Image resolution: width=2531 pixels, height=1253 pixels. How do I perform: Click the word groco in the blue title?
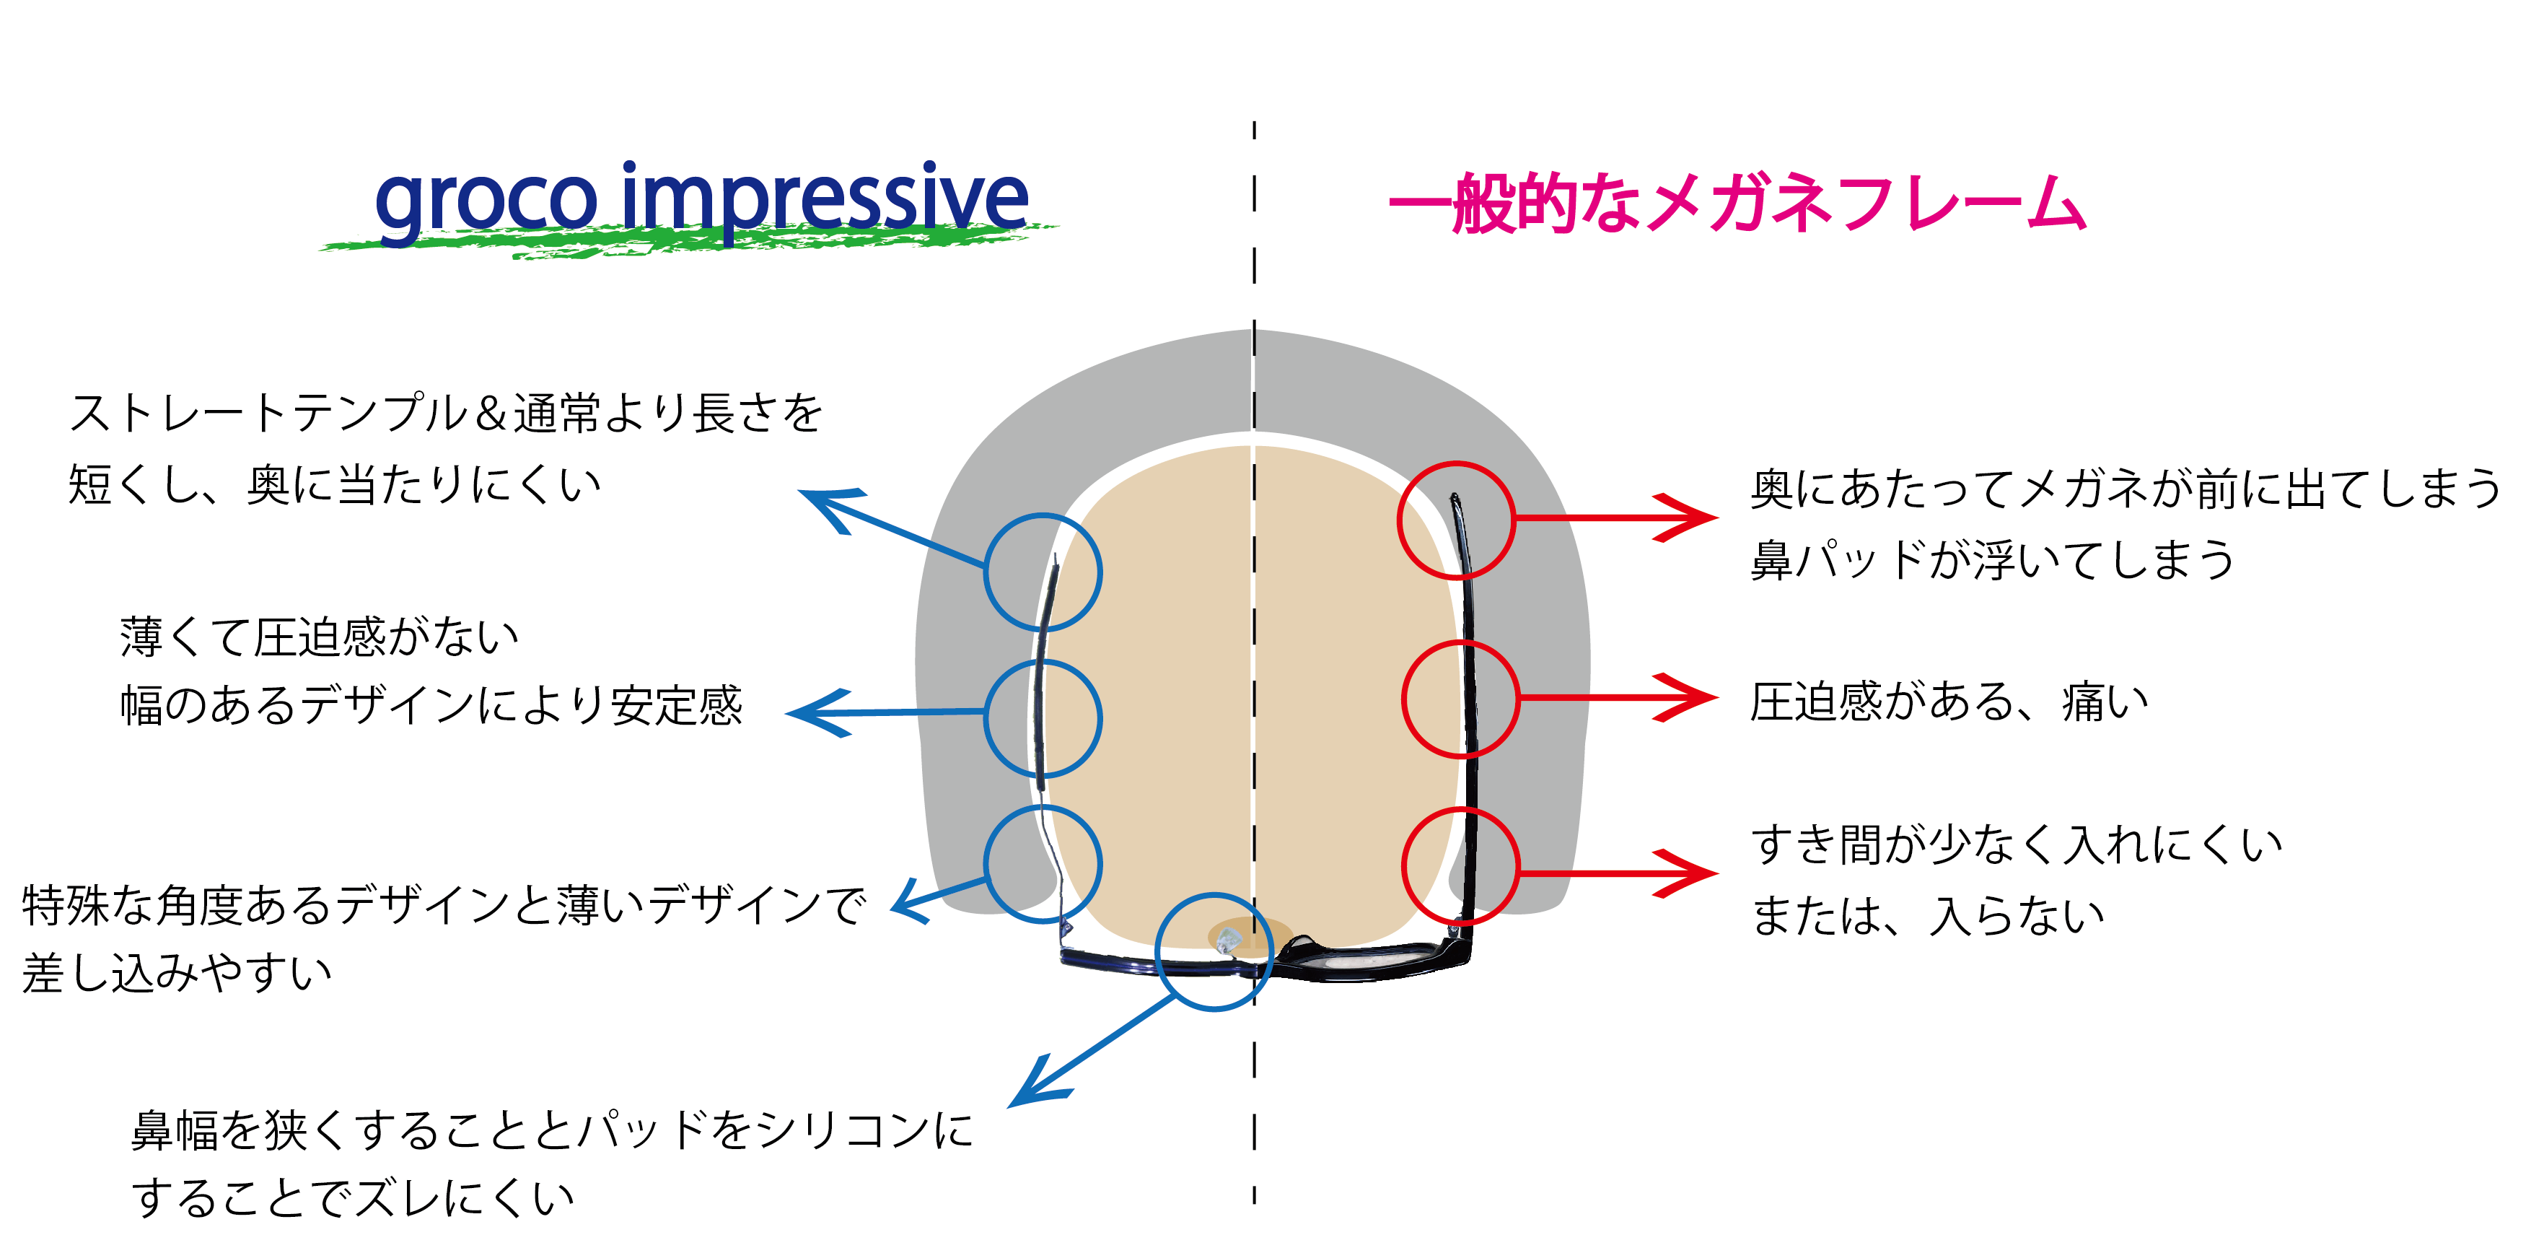[486, 201]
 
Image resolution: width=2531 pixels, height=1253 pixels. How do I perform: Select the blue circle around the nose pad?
[1214, 951]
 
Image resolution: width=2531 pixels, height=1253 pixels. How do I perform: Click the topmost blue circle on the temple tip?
[1043, 572]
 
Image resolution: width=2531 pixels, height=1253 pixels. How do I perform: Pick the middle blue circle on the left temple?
[1043, 717]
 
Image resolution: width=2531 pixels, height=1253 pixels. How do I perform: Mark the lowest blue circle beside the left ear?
[1043, 864]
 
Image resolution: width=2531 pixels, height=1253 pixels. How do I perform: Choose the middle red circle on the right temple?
[1460, 699]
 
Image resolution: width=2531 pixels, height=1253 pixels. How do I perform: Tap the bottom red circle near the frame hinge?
[1460, 866]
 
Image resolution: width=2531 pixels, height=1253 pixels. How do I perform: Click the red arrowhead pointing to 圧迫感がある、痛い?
[1695, 698]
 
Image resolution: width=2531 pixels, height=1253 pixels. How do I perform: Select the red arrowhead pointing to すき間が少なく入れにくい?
[1695, 873]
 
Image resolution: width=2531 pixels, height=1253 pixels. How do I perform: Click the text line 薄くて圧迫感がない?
[320, 637]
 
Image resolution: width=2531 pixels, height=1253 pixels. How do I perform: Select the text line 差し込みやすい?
[177, 973]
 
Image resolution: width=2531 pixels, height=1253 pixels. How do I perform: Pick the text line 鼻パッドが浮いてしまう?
[1993, 560]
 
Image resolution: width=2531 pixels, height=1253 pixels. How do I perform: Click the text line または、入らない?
[1928, 916]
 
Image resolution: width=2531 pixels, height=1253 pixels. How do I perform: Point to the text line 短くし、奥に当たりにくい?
[334, 484]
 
